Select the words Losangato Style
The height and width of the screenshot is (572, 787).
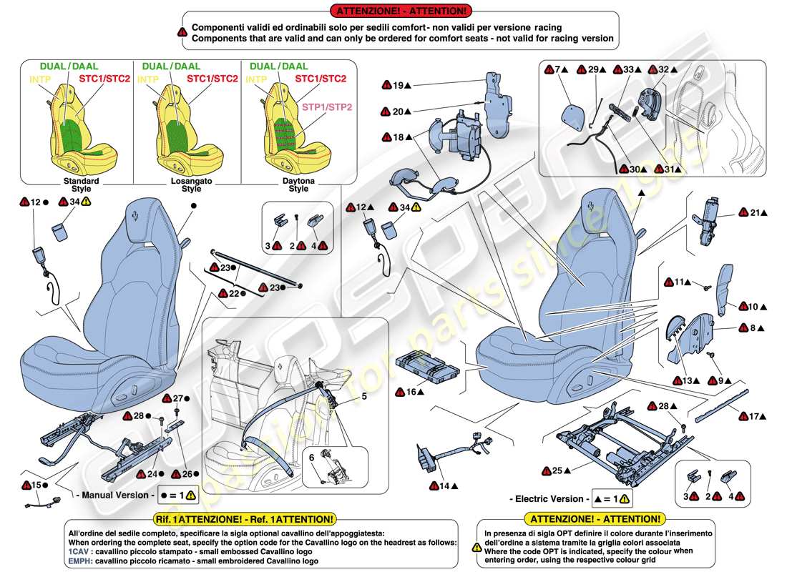coord(190,185)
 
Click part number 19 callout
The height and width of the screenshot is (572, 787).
coord(398,86)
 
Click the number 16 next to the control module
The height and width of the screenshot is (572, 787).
coord(411,392)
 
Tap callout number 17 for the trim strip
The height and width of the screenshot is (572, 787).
coord(753,415)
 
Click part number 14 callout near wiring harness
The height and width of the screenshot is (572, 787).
coord(444,486)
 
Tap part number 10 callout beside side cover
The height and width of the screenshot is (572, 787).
coord(753,307)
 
